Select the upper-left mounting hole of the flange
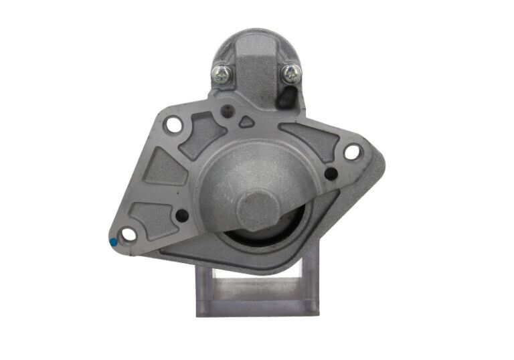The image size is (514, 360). (x=173, y=124)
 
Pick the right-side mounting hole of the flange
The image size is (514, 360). (x=351, y=152)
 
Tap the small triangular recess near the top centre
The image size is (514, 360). (x=246, y=122)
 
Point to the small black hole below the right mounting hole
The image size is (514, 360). (x=331, y=174)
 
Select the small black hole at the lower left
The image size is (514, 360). (x=181, y=215)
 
